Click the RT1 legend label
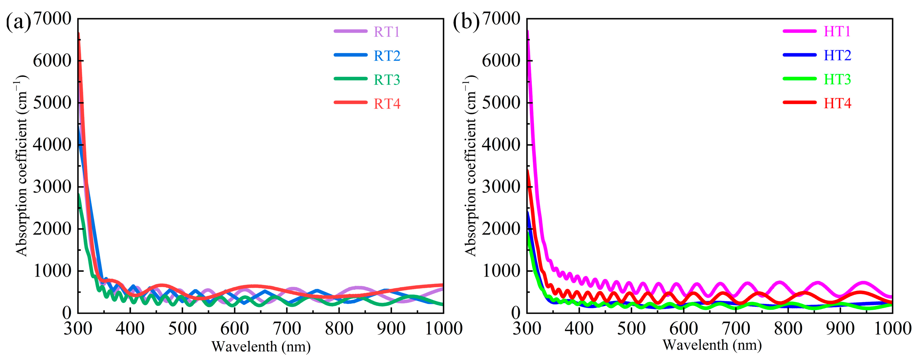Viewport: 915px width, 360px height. [x=387, y=32]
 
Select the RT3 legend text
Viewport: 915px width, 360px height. [x=387, y=80]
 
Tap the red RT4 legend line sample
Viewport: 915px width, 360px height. [x=350, y=102]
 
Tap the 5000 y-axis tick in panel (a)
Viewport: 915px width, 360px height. [x=52, y=103]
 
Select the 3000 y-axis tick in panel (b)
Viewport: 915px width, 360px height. [x=501, y=186]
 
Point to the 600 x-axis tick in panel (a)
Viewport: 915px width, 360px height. [x=234, y=328]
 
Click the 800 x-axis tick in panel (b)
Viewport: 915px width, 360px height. [x=788, y=328]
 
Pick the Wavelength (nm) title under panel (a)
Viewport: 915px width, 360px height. [x=261, y=346]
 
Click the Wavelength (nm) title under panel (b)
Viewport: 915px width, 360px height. [x=712, y=345]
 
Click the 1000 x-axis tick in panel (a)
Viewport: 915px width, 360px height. [x=443, y=328]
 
